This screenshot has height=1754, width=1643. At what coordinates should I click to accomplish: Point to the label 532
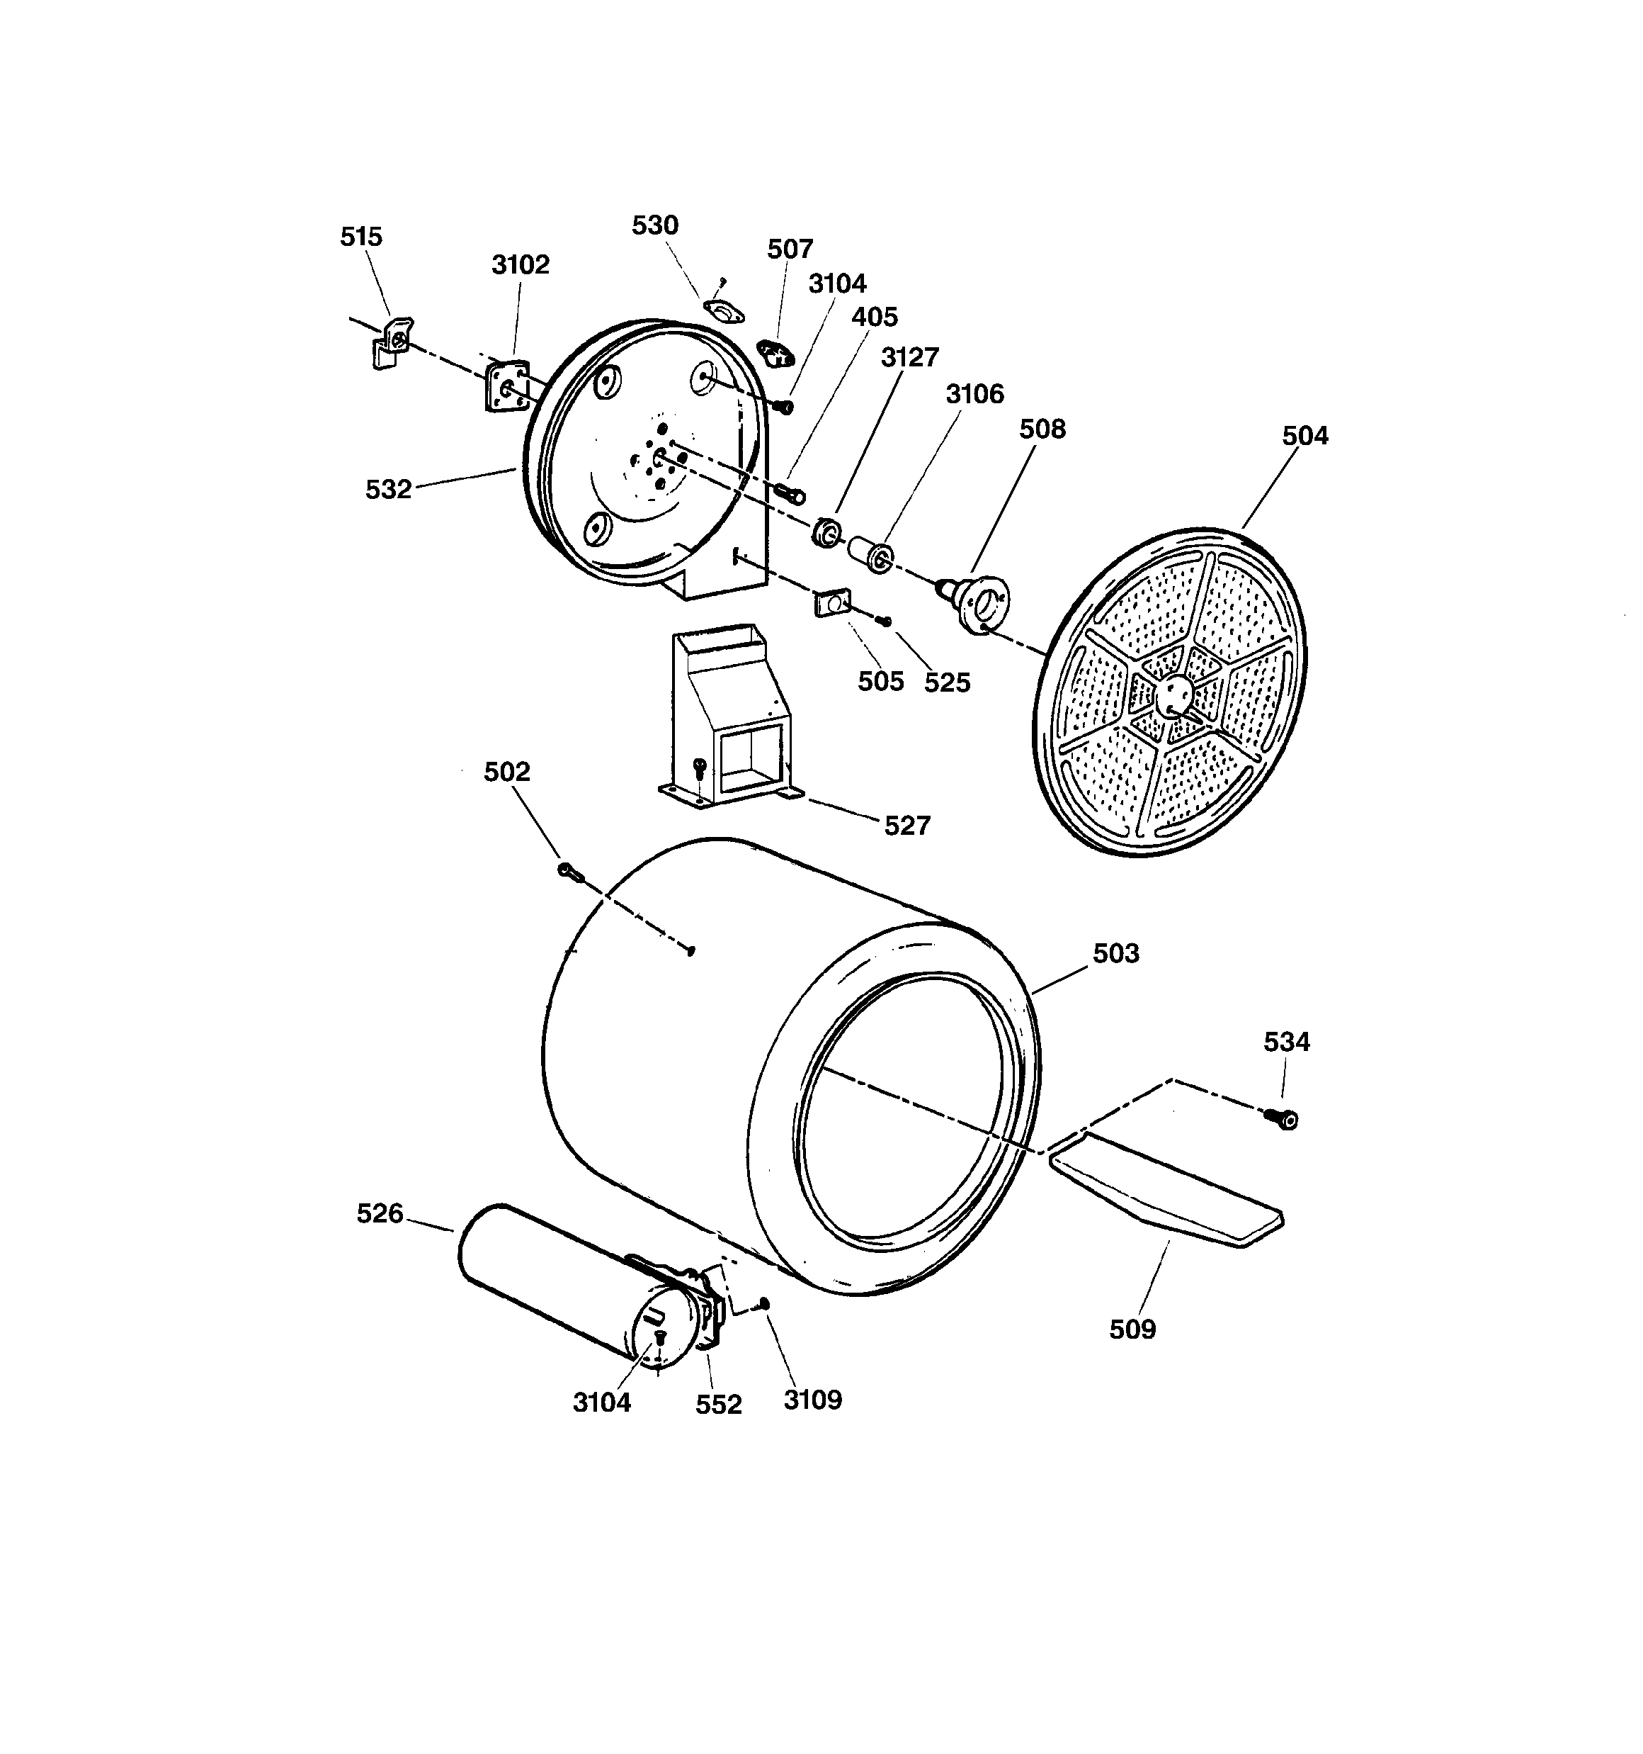(x=389, y=489)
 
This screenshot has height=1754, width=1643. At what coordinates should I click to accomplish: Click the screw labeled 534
(x=1283, y=1120)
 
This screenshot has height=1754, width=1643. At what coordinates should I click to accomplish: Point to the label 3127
(x=909, y=356)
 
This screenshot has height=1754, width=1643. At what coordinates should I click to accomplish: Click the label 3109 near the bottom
(x=812, y=1400)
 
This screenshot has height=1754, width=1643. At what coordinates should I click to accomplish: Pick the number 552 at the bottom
(x=718, y=1404)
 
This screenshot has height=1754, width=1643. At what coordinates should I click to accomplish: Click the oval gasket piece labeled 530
(x=723, y=310)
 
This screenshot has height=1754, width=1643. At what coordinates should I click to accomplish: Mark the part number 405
(x=874, y=317)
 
